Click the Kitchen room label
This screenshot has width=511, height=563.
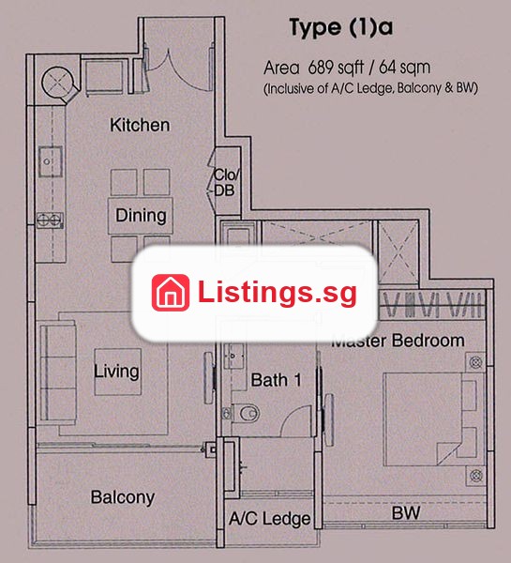pos(140,125)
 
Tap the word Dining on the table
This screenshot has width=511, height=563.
pos(141,216)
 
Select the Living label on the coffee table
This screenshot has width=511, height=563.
pos(116,372)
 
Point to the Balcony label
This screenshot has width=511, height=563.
pos(123,497)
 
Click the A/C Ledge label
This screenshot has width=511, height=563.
pos(270,519)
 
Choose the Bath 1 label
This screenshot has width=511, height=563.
pos(276,380)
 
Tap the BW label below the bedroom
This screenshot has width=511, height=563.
pos(406,513)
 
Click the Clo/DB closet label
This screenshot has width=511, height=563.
pos(226,183)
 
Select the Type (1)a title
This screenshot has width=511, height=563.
pos(341,27)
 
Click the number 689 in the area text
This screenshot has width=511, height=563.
pos(321,68)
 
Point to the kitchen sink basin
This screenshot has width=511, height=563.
pos(51,161)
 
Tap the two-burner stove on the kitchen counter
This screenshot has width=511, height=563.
pos(50,221)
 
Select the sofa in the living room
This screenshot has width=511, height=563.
pos(58,373)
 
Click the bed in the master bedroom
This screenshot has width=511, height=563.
pos(430,419)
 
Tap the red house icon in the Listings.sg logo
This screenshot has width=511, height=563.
pos(171,293)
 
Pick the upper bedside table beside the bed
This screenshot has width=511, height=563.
pos(475,362)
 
